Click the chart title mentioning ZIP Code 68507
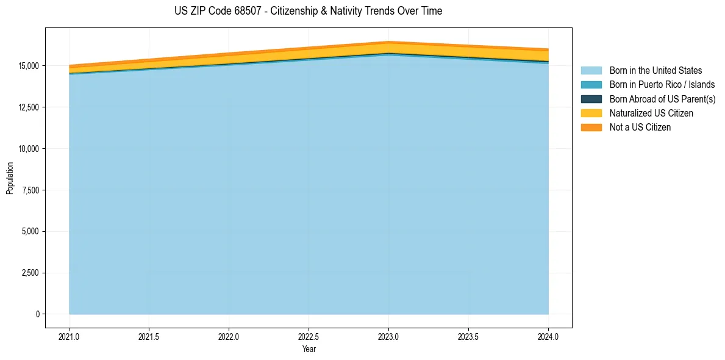click(308, 11)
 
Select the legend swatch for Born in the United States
click(591, 71)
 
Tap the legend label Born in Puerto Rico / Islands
click(662, 85)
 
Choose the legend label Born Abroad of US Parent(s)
click(662, 99)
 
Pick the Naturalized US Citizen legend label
click(651, 113)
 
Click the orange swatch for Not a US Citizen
click(591, 127)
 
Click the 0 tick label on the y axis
click(37, 314)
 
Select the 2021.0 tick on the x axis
click(70, 336)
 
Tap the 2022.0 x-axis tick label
click(229, 336)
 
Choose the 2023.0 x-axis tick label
click(389, 336)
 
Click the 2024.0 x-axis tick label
click(548, 336)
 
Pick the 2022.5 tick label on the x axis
click(309, 336)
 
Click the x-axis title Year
click(309, 350)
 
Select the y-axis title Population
click(10, 178)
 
